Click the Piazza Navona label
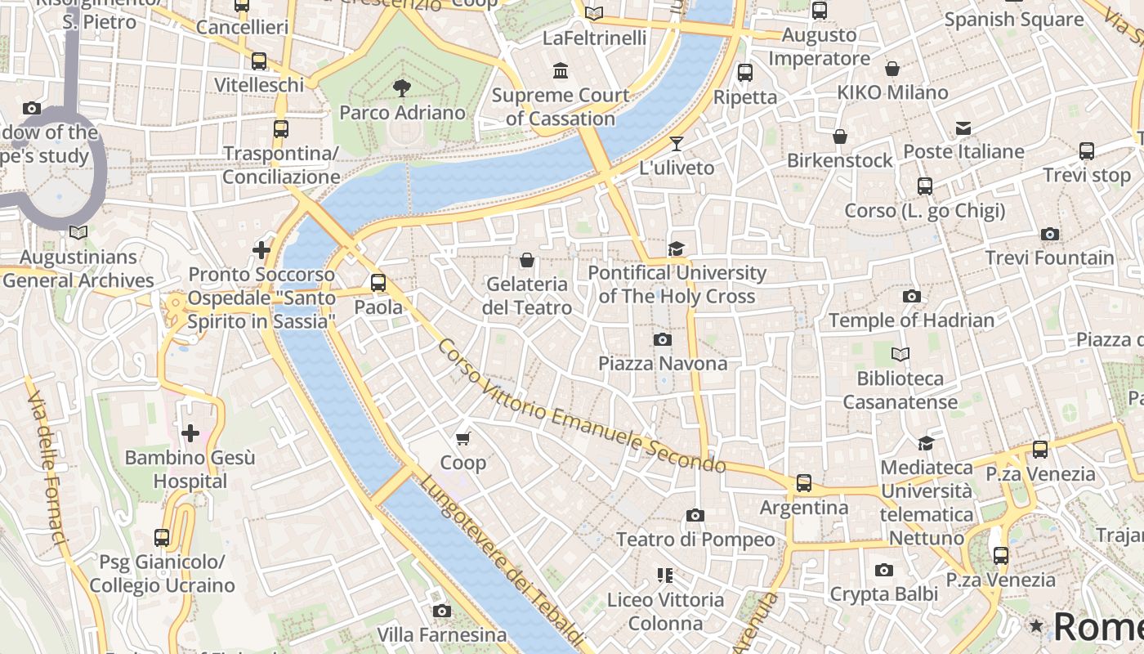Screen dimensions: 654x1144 (x=663, y=363)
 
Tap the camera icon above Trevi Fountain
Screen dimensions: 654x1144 (x=1050, y=235)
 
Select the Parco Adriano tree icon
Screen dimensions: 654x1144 (x=401, y=87)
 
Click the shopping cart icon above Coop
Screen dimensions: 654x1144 (x=463, y=439)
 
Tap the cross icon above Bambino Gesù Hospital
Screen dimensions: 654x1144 (x=190, y=432)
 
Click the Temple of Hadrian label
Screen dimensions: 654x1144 (x=911, y=320)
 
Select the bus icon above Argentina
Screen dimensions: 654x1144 (x=804, y=483)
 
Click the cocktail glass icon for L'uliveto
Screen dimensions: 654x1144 (x=677, y=144)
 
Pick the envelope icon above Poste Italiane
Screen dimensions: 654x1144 (x=963, y=128)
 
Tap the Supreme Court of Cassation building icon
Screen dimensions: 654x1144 (x=561, y=71)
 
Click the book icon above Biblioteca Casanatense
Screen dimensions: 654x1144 (x=900, y=354)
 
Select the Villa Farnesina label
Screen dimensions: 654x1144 (x=441, y=634)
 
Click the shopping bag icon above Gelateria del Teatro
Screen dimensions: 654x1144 (x=527, y=261)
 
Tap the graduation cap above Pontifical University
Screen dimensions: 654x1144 (x=676, y=249)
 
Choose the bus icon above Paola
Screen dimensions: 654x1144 (x=378, y=283)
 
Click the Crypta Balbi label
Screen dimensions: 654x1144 (x=883, y=594)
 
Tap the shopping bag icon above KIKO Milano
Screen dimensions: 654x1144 (x=892, y=69)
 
